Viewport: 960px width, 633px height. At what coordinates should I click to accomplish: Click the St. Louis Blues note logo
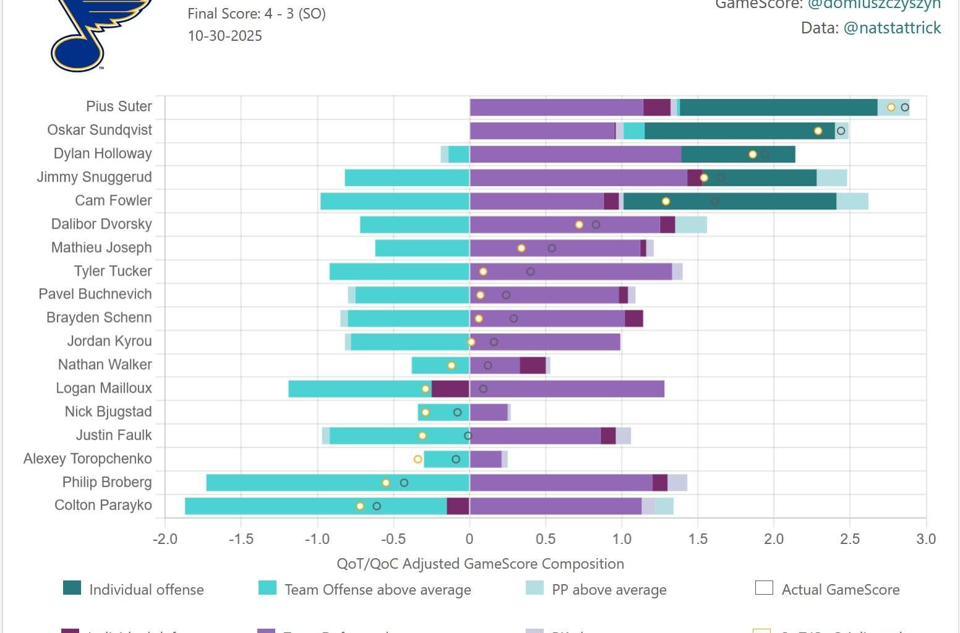click(x=99, y=34)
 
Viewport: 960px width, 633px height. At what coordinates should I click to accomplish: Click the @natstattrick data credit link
click(x=892, y=28)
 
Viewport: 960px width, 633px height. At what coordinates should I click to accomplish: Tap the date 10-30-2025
click(x=225, y=36)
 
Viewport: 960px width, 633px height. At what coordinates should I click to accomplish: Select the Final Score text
click(x=257, y=14)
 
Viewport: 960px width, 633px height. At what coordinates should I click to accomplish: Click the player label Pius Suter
click(x=119, y=106)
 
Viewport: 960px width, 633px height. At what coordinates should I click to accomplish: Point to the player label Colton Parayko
click(x=103, y=505)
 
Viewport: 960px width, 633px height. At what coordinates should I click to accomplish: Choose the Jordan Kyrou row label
click(x=109, y=341)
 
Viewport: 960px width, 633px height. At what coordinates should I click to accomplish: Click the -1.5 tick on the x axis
click(x=241, y=539)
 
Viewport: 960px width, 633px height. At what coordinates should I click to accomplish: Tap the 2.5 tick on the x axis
click(x=850, y=539)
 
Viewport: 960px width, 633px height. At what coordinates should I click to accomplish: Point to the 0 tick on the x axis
click(x=469, y=539)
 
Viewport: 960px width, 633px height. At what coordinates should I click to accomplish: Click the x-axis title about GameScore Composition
click(x=480, y=564)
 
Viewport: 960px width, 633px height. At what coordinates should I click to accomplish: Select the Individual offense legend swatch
click(x=72, y=588)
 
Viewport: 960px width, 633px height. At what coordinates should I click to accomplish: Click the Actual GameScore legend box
click(x=765, y=588)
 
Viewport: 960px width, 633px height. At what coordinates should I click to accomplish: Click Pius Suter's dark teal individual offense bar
click(x=778, y=107)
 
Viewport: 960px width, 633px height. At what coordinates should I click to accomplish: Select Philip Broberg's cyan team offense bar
click(x=338, y=483)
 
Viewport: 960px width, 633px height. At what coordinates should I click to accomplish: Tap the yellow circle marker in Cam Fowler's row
click(x=666, y=201)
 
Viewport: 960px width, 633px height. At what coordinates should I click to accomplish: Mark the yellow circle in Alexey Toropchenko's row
click(x=418, y=459)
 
